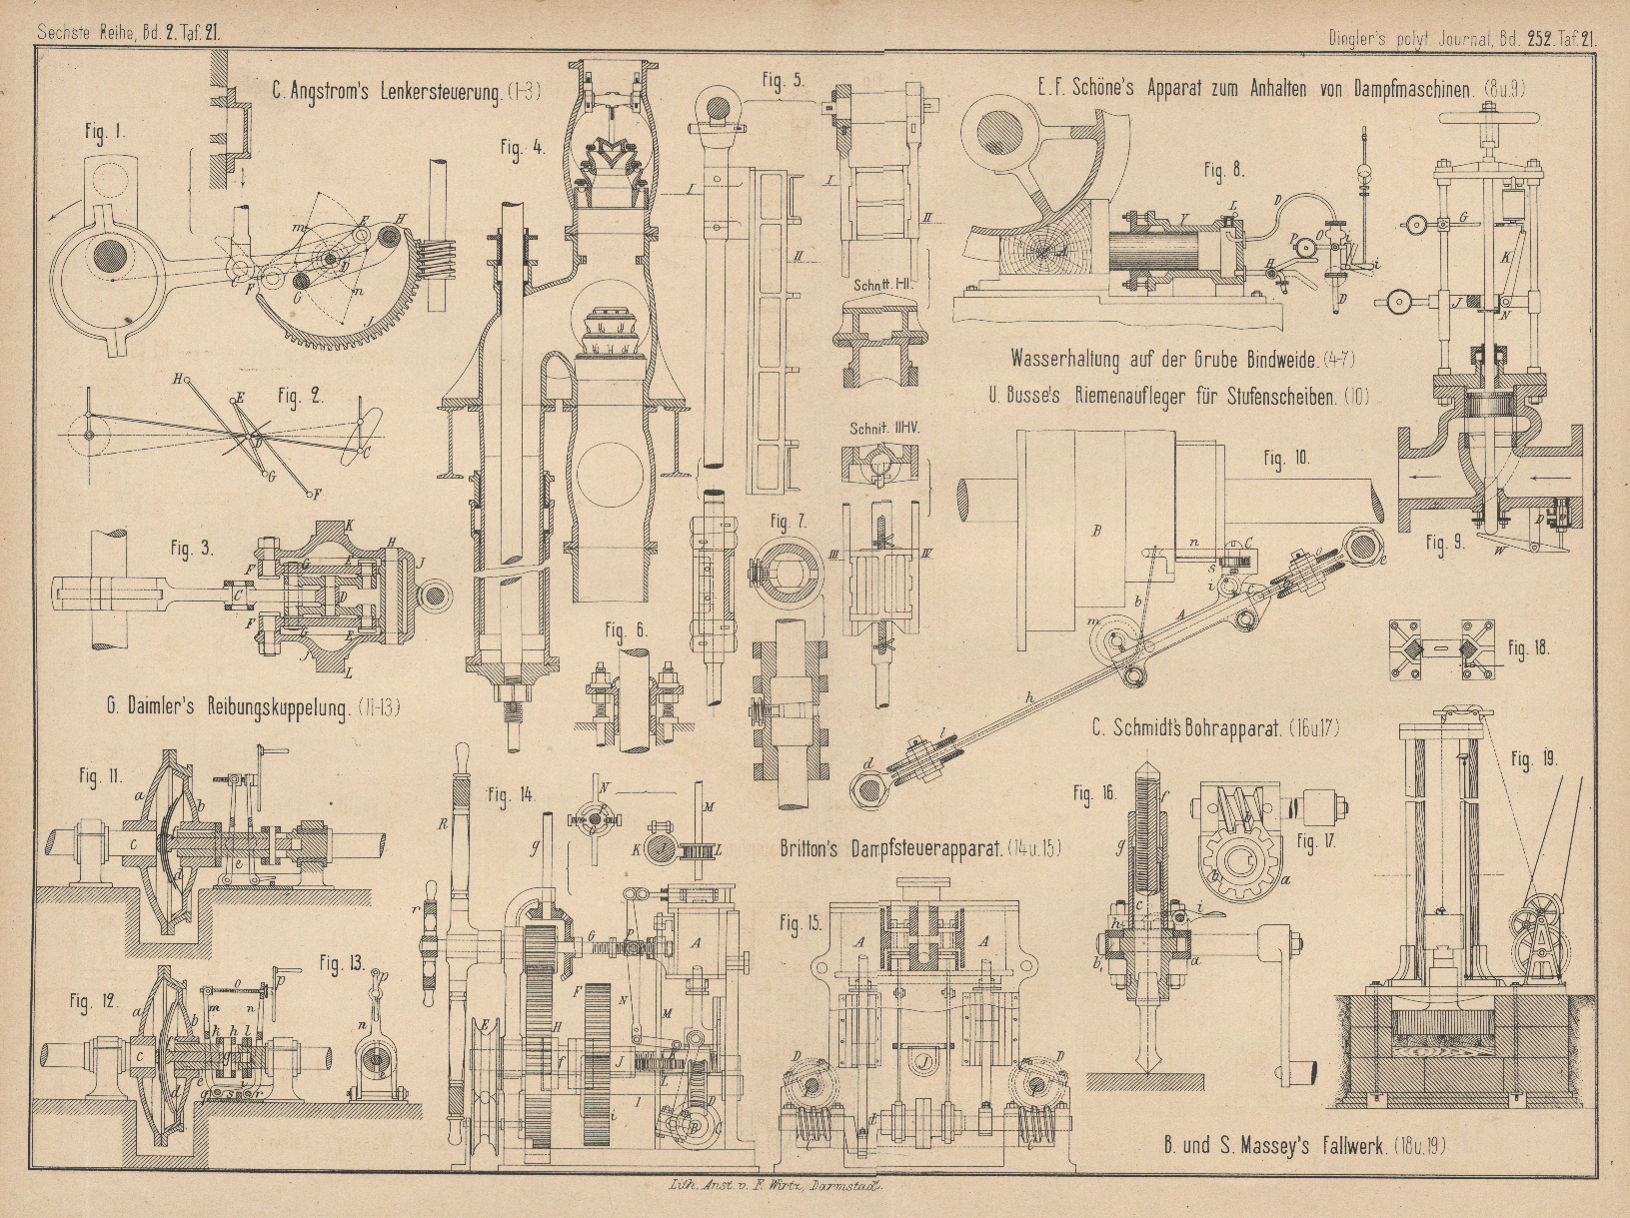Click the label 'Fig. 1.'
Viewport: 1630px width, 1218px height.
click(x=105, y=130)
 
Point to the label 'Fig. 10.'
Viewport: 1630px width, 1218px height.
click(x=1286, y=460)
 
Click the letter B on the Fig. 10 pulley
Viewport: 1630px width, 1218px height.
click(x=1097, y=532)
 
